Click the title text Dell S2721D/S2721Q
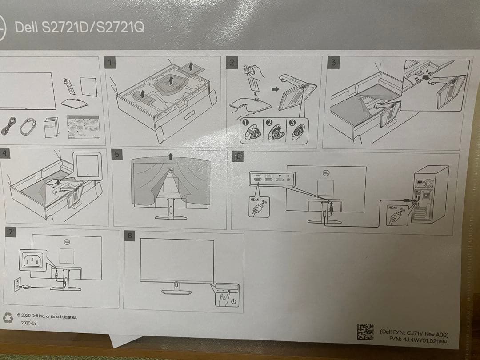80,28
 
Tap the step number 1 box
112,63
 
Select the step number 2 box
231,62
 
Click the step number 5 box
117,155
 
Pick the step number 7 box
9,232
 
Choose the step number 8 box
130,236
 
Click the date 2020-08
29,324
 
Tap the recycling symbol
8,318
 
